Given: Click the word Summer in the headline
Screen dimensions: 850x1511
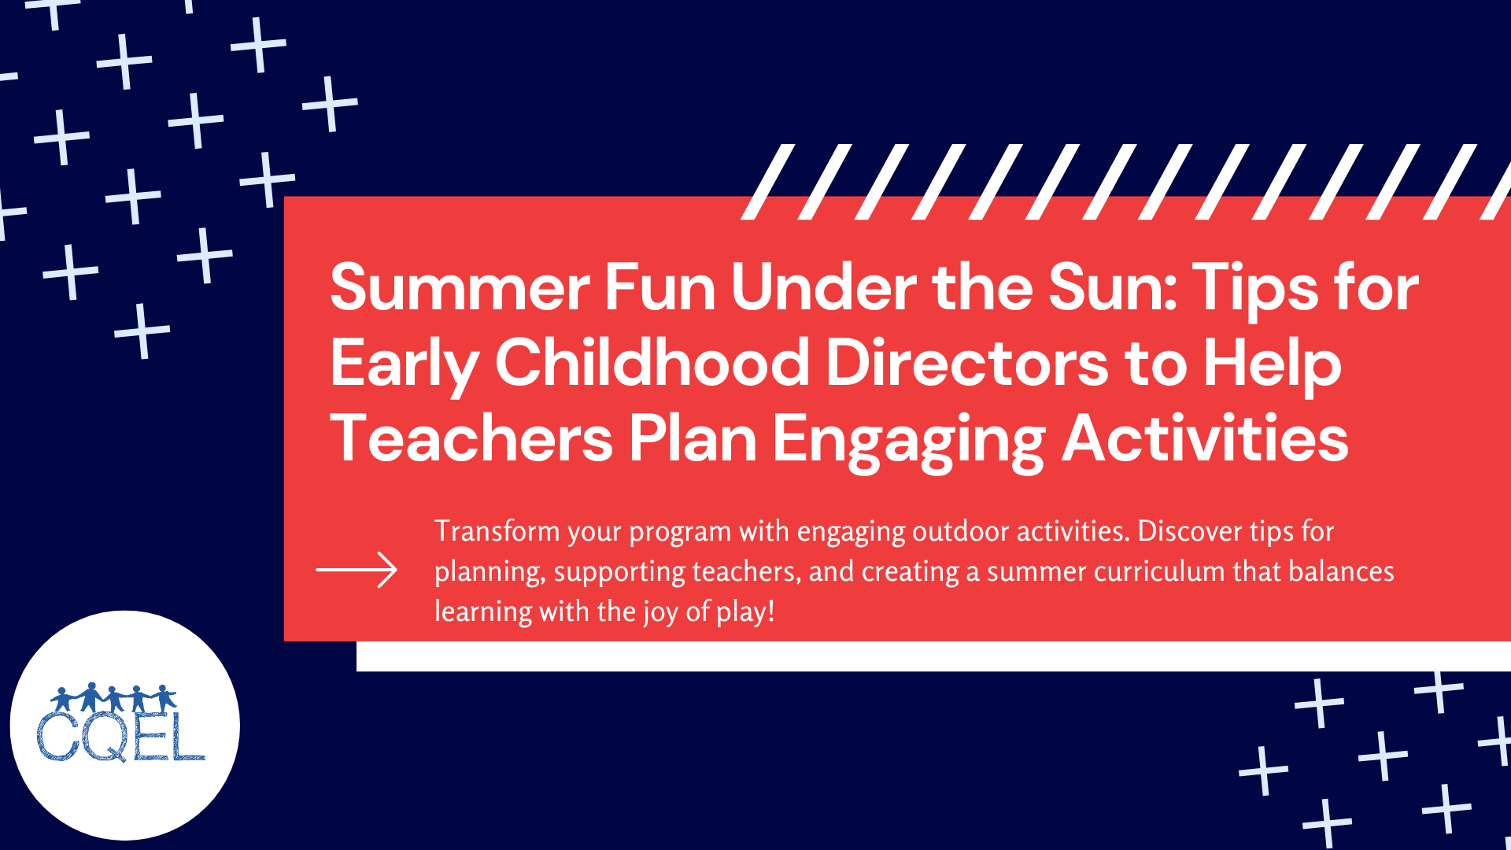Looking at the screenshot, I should click(460, 288).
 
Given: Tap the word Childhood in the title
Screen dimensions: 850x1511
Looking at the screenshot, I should click(652, 363).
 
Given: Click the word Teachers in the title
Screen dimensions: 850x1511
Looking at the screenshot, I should click(471, 438).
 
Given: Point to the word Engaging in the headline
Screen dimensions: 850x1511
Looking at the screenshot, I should click(908, 440).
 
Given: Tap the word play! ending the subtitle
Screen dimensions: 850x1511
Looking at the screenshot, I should click(745, 612).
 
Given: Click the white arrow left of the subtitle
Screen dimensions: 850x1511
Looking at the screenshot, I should click(357, 570).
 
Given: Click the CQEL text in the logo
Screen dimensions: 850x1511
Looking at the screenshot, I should click(120, 737).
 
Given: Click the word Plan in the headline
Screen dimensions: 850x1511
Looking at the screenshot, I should click(693, 438).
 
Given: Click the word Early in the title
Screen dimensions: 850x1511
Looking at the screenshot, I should click(404, 364).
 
